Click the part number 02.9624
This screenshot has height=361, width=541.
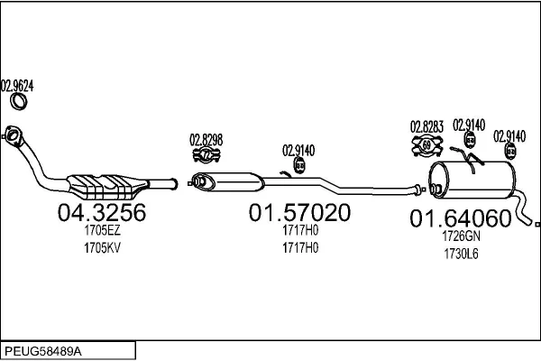pos(17,86)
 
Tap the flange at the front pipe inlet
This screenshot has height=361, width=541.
pos(13,135)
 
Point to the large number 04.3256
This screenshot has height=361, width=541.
pos(102,212)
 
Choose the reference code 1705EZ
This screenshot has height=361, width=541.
pos(103,230)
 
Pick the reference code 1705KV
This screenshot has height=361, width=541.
pos(103,247)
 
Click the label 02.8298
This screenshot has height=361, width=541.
pos(206,140)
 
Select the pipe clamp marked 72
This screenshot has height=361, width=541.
pos(206,154)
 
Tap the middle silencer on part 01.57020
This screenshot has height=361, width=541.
pos(228,181)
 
